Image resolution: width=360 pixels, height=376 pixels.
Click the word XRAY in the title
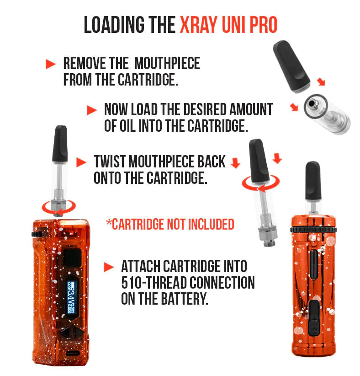[199, 25]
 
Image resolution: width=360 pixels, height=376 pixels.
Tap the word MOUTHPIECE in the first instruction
[167, 63]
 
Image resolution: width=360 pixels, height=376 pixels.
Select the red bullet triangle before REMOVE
[51, 64]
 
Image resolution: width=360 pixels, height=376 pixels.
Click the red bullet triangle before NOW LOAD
[92, 110]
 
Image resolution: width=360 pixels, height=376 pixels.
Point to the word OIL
[127, 126]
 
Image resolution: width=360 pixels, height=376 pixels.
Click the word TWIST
[110, 161]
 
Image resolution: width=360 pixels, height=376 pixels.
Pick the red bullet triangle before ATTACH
[109, 267]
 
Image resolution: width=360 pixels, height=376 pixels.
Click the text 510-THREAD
[155, 283]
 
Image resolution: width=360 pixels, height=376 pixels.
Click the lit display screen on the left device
[71, 297]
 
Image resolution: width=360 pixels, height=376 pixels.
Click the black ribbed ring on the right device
[313, 230]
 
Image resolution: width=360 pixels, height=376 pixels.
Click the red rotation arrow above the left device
[58, 207]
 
